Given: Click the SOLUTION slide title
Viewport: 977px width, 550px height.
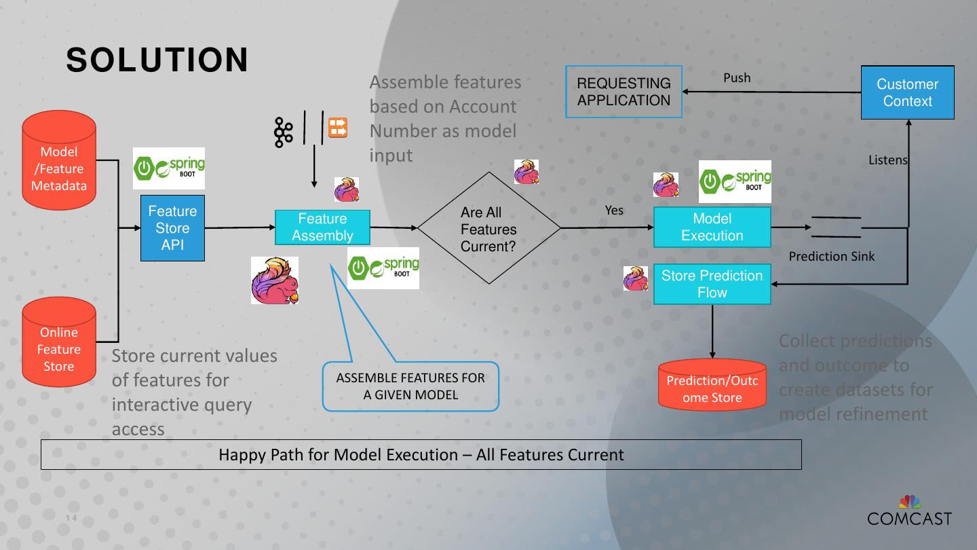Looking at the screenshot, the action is click(157, 60).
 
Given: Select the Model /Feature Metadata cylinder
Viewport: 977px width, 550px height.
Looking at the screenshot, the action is click(59, 160).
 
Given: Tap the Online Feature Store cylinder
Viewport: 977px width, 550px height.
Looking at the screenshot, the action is click(59, 342).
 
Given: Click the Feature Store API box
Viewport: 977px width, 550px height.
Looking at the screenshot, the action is click(172, 228).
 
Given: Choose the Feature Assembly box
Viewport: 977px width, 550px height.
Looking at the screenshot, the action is click(322, 227).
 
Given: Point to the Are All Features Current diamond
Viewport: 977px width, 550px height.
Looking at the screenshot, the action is click(489, 228).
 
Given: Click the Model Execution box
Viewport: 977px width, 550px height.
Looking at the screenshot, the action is click(712, 227).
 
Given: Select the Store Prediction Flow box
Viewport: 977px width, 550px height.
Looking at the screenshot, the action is click(712, 284).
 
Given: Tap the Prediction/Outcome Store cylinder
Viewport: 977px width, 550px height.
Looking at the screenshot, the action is click(712, 384).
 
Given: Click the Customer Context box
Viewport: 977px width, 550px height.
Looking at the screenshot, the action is click(908, 92).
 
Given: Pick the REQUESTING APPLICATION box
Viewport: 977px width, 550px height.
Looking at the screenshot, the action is click(624, 92).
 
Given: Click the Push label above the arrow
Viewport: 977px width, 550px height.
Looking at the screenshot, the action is click(737, 77).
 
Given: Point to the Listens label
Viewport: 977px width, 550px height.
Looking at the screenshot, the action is click(888, 160).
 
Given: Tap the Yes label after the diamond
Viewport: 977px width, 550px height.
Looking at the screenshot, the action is click(614, 210).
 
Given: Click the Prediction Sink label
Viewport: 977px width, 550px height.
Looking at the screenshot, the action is click(831, 256).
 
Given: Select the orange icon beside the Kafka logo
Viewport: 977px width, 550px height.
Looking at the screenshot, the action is click(338, 128).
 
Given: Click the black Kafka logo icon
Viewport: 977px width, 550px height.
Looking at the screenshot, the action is click(284, 132).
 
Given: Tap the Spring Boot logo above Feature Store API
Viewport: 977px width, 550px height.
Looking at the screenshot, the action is click(169, 168).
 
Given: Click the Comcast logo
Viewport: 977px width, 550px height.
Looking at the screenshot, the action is click(909, 511).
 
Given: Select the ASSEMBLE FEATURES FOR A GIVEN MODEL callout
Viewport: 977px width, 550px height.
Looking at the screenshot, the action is click(410, 386).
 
